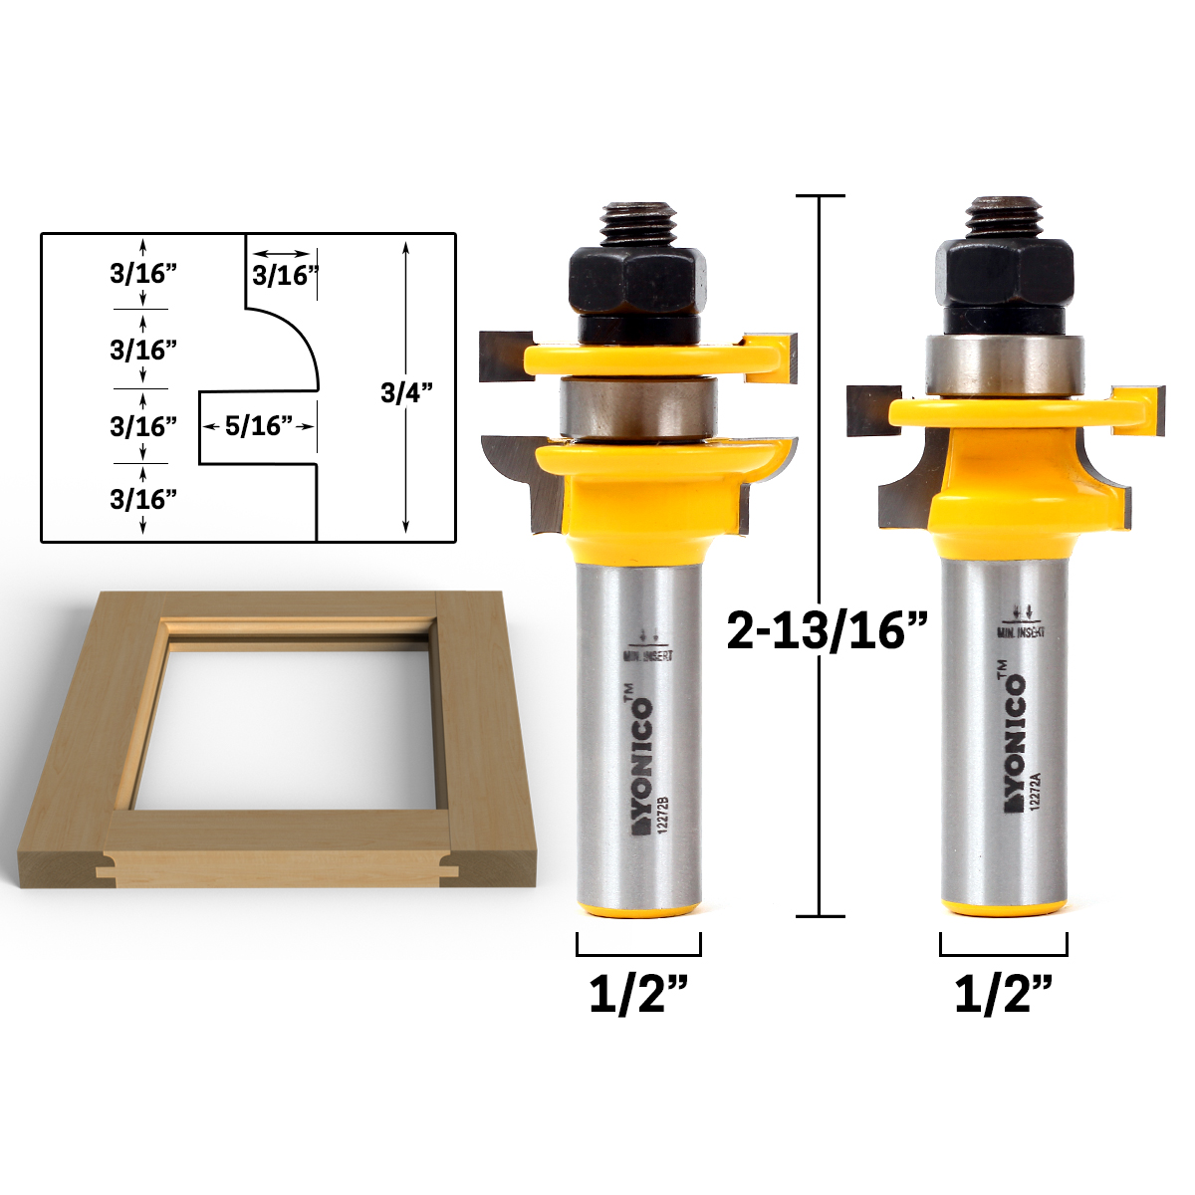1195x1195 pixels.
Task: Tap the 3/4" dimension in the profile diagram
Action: (406, 392)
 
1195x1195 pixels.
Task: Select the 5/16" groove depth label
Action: (257, 426)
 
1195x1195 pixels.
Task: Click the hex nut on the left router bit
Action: (636, 280)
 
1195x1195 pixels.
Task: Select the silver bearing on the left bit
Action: (636, 407)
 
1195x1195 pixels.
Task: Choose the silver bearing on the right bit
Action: (1004, 365)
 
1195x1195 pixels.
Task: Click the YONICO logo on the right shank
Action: (1012, 742)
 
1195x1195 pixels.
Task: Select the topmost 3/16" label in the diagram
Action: (143, 274)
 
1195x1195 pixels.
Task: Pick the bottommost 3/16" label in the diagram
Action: (143, 499)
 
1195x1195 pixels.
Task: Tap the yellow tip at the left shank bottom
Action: (638, 908)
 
